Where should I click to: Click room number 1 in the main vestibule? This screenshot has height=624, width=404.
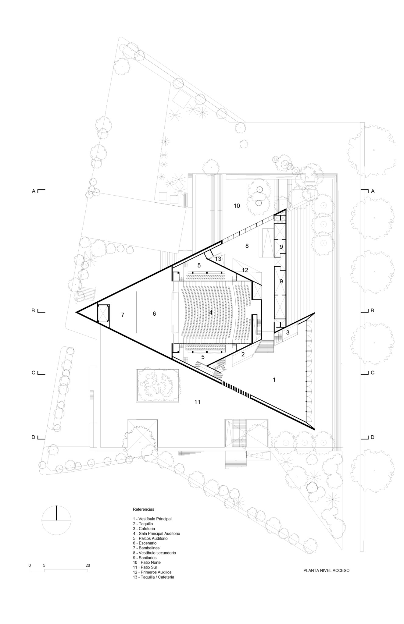click(x=274, y=380)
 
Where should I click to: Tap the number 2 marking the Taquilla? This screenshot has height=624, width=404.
click(x=243, y=354)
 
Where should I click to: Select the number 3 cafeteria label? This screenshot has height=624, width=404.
click(x=288, y=332)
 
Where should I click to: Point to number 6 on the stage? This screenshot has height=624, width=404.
click(x=154, y=314)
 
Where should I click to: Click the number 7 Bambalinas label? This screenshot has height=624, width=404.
click(x=123, y=315)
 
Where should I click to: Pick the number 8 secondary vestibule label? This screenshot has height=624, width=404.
click(x=247, y=246)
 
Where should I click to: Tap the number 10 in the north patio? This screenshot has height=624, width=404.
click(x=237, y=206)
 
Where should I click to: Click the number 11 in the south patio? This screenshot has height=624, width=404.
click(x=198, y=402)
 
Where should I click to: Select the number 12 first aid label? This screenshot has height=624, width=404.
click(x=245, y=270)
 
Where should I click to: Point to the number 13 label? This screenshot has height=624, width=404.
click(x=218, y=259)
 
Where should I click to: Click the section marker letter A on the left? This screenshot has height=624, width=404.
click(x=34, y=191)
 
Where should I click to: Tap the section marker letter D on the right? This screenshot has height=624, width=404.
click(x=372, y=437)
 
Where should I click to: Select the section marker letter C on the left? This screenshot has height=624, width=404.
click(x=34, y=373)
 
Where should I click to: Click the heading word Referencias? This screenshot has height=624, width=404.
click(x=144, y=509)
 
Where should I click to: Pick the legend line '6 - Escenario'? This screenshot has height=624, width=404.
click(x=145, y=543)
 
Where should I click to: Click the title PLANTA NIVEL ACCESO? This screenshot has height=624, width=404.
click(x=326, y=570)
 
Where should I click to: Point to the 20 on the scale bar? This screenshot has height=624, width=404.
click(x=88, y=565)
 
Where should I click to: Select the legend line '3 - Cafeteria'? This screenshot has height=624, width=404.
click(x=144, y=528)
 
